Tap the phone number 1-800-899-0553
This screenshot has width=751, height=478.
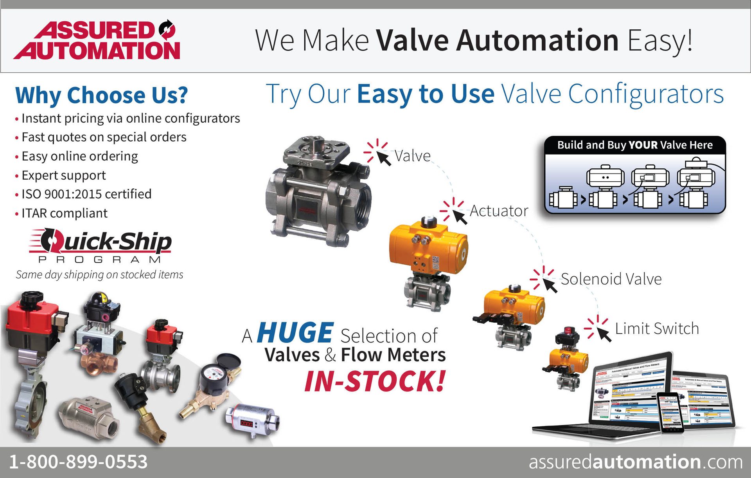pos(78,462)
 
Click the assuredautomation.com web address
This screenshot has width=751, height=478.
pos(635,462)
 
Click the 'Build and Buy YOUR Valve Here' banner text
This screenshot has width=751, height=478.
pos(635,145)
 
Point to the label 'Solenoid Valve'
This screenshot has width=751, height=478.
pos(611,279)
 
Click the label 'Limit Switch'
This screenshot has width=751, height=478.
pos(657,328)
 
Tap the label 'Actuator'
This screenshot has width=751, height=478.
pos(499,211)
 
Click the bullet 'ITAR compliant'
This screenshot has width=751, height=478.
pos(64,213)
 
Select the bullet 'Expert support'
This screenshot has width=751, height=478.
pos(63,175)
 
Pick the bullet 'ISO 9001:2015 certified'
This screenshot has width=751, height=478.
pos(86,194)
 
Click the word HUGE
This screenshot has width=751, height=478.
pos(295,333)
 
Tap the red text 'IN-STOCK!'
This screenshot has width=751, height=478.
pos(375,381)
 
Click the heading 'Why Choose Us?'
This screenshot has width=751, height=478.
pos(101,95)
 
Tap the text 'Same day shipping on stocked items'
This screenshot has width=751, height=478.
pos(99,275)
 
